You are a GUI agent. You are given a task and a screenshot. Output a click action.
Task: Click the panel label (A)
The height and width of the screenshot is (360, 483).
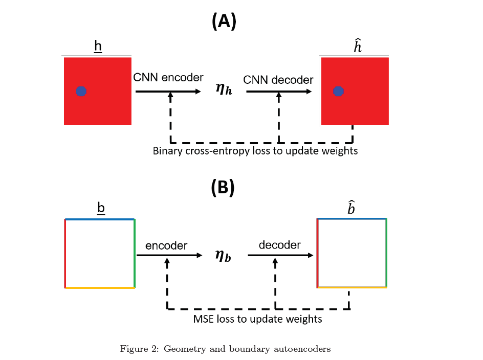point(224,21)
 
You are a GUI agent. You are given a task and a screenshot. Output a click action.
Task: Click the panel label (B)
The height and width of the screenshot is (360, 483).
point(223,188)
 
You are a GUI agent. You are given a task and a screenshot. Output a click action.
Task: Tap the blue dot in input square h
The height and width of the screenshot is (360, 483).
point(81,92)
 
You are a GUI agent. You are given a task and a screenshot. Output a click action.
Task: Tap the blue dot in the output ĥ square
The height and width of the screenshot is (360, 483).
point(338,92)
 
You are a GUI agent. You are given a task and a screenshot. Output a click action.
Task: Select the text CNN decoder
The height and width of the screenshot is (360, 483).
point(278,80)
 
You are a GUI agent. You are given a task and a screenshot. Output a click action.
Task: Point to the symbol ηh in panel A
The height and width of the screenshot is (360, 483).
point(224,92)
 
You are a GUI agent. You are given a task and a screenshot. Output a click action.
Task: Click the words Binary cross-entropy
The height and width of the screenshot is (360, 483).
point(192,151)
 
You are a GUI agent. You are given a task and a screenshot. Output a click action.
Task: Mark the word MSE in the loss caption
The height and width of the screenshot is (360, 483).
point(204,319)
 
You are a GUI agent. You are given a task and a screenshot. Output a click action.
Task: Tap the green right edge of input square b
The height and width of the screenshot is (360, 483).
point(135,253)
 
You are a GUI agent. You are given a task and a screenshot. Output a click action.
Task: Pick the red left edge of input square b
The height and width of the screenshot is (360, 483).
point(65,253)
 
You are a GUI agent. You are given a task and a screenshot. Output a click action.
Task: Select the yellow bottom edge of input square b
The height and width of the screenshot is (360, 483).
point(100,288)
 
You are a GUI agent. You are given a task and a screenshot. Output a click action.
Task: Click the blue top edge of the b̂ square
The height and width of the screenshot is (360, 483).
point(352,218)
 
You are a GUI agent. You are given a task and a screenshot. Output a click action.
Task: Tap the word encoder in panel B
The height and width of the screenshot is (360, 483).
point(166,246)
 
